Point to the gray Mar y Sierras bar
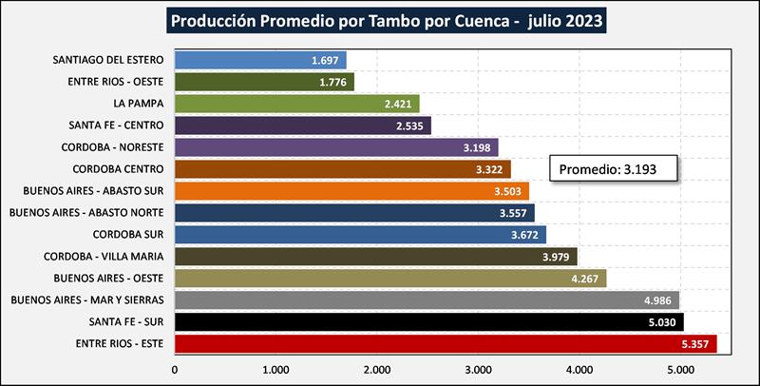(x=408, y=299)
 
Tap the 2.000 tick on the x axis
(x=376, y=370)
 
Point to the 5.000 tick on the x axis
(x=678, y=370)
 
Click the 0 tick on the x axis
(x=175, y=370)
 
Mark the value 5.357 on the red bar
(x=696, y=343)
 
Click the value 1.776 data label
(x=333, y=82)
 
